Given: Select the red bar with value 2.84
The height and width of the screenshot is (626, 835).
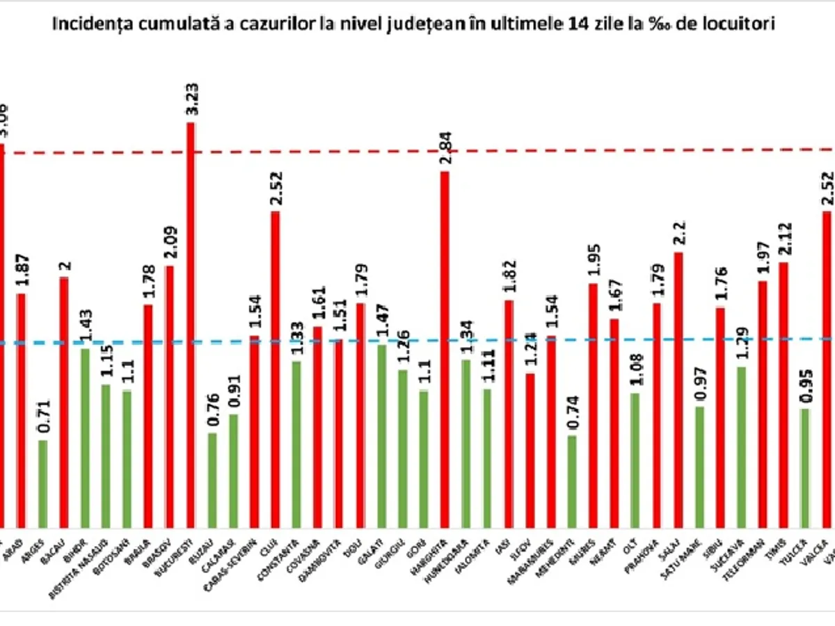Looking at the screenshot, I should [x=445, y=348].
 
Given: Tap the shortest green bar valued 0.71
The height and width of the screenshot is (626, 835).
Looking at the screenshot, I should [x=42, y=483].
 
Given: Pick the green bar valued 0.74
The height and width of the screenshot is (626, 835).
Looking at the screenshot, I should [x=572, y=481].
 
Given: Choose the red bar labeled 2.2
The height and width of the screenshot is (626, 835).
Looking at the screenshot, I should [x=678, y=390].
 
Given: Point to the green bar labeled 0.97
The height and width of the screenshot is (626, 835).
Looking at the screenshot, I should [x=699, y=467].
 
